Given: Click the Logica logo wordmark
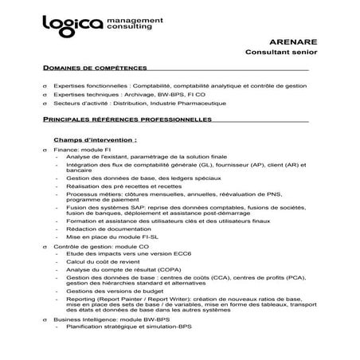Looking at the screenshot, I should coord(72,24).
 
